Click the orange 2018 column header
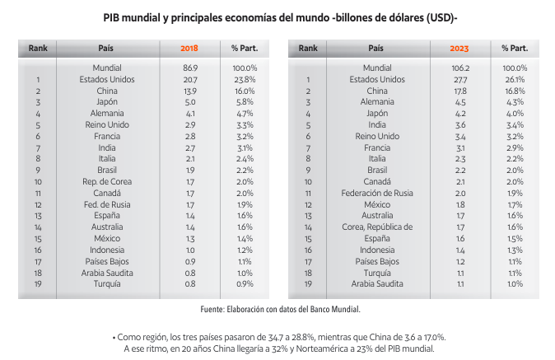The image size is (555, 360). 189,48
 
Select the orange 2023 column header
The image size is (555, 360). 459,48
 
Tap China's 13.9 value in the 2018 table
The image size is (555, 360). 189,91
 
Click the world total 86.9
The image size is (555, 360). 189,68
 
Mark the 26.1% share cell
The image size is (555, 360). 515,80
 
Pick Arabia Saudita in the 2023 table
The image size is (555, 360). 376,284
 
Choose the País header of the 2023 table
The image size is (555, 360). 376,48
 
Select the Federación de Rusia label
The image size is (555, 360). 376,193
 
